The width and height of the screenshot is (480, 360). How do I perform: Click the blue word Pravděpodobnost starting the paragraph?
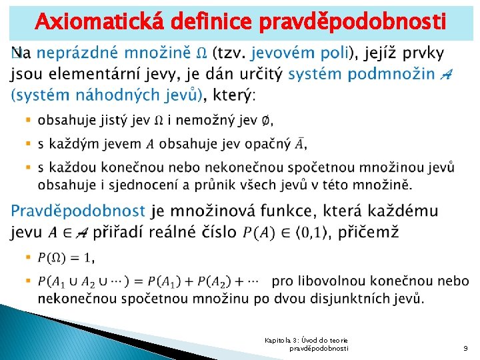(x=78, y=211)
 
